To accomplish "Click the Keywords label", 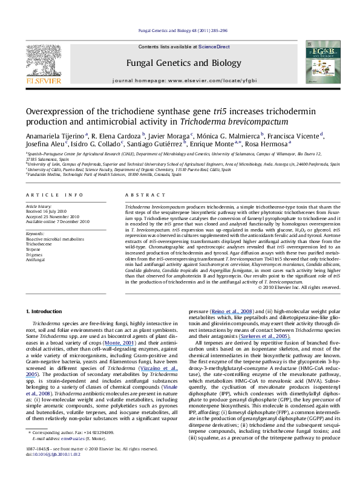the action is [x=36, y=233].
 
